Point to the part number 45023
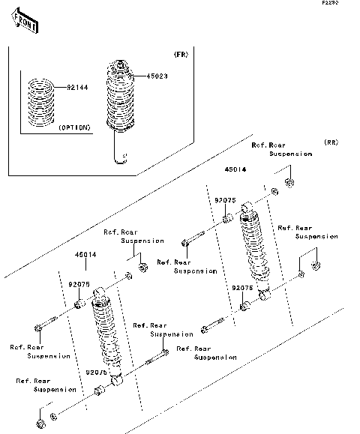[x=145, y=76]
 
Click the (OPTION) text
[x=74, y=127]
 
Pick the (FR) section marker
[x=180, y=55]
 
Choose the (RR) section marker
[x=331, y=142]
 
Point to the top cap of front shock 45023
[x=118, y=63]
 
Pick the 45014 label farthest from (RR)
[x=85, y=255]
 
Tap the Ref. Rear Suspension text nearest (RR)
[x=291, y=149]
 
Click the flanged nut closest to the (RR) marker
[x=290, y=182]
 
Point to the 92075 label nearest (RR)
[x=225, y=200]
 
